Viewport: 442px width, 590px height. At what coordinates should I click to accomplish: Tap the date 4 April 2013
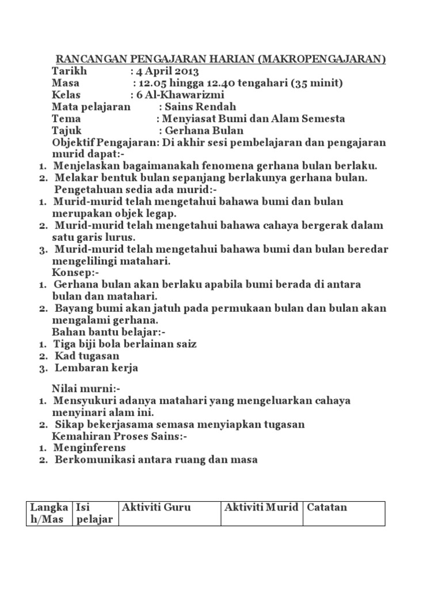pyautogui.click(x=167, y=71)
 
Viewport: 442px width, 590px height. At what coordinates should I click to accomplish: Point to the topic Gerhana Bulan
pyautogui.click(x=204, y=131)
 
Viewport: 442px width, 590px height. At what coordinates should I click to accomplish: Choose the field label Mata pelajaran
pyautogui.click(x=91, y=107)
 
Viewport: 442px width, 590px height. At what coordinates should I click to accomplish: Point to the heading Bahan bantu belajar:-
pyautogui.click(x=109, y=332)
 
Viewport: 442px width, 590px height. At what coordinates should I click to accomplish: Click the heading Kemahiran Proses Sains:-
pyautogui.click(x=120, y=436)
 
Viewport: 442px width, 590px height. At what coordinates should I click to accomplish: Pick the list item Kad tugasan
pyautogui.click(x=86, y=356)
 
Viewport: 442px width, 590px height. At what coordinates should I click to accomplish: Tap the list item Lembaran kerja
pyautogui.click(x=96, y=368)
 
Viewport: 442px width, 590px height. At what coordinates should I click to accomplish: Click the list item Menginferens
pyautogui.click(x=90, y=448)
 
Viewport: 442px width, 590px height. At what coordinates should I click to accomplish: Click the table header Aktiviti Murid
pyautogui.click(x=261, y=508)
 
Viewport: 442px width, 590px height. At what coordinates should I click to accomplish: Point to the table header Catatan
pyautogui.click(x=327, y=508)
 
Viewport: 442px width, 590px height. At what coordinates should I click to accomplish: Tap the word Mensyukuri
pyautogui.click(x=84, y=400)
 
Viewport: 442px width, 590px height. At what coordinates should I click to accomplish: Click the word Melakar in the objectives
pyautogui.click(x=74, y=178)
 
